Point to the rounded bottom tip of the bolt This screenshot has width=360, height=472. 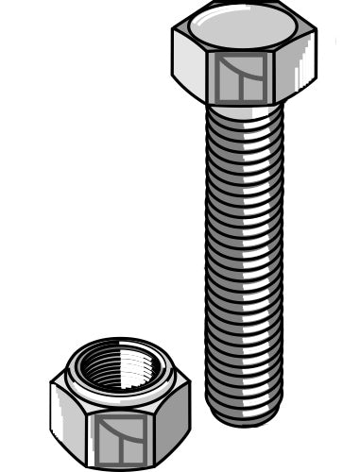coord(244,415)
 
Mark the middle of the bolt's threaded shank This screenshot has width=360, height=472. coord(244,260)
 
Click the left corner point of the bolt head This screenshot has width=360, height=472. coord(173,40)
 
